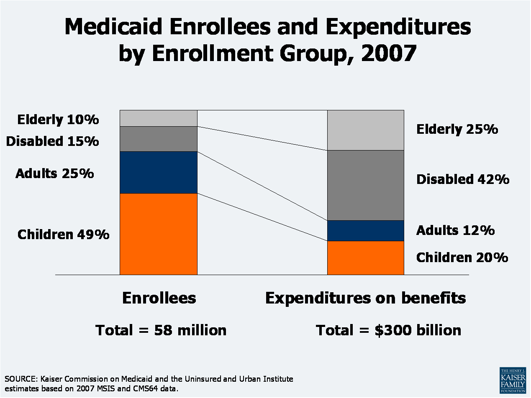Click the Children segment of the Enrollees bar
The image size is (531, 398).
click(x=158, y=234)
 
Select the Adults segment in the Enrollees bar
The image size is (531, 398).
click(x=158, y=172)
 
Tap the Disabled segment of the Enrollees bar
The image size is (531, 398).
click(x=158, y=139)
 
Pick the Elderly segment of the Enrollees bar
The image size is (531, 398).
click(x=158, y=118)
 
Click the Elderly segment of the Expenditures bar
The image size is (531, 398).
click(x=365, y=130)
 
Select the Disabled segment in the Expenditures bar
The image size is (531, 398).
click(x=365, y=185)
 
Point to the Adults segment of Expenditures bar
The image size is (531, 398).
click(x=365, y=231)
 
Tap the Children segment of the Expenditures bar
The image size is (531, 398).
click(x=365, y=258)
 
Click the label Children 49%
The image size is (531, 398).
click(x=63, y=235)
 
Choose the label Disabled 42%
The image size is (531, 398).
click(x=462, y=179)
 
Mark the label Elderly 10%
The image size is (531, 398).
click(x=58, y=120)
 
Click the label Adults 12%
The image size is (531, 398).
click(x=455, y=230)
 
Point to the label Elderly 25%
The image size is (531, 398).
click(x=457, y=129)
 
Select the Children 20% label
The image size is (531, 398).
click(x=462, y=257)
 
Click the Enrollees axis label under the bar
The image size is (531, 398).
click(x=159, y=298)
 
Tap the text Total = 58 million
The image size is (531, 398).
click(x=161, y=330)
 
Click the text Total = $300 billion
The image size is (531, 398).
click(x=388, y=330)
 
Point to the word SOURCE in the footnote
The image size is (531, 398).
click(x=20, y=379)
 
